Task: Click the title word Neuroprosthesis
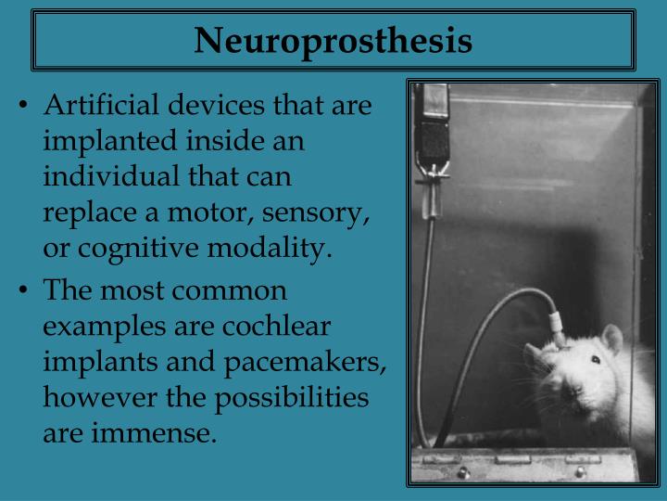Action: pos(333,41)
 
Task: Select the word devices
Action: pos(211,106)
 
